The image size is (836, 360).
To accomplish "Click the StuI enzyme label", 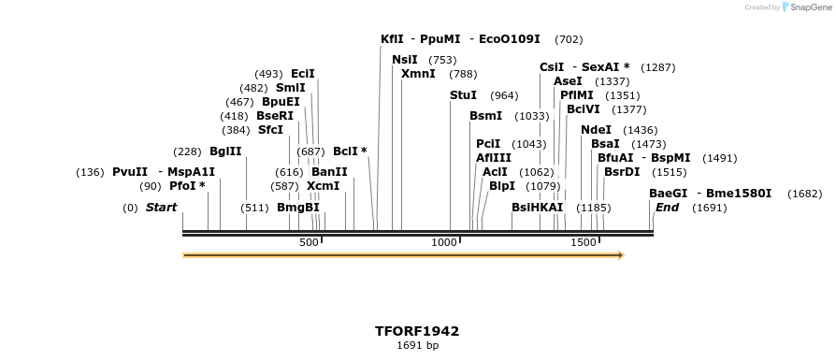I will point(463,95).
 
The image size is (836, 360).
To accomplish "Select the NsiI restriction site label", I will point(405,60).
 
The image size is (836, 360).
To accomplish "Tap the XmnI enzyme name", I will point(418,74).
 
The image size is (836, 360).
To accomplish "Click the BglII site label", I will point(225,151).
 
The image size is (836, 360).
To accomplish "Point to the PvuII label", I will point(130,172).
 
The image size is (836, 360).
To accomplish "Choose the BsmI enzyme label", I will point(485,116).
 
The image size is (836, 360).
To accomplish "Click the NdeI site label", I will point(596,130).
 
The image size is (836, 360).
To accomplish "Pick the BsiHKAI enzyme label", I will point(538,208).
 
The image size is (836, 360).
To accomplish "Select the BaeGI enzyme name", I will point(668,194).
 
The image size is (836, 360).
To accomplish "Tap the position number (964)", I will point(504,95).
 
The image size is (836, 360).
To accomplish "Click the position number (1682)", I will point(804,194).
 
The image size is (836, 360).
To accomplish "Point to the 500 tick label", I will point(310,243).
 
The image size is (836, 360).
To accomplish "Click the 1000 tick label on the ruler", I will point(445,243).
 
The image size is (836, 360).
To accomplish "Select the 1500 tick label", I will point(584,243).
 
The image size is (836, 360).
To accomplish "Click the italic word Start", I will point(161,208).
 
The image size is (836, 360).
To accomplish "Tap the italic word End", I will point(667,208).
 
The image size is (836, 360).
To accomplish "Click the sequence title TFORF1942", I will point(417,331).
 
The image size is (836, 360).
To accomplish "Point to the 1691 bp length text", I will point(417,346).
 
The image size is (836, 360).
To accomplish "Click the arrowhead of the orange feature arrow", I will point(619,254).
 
